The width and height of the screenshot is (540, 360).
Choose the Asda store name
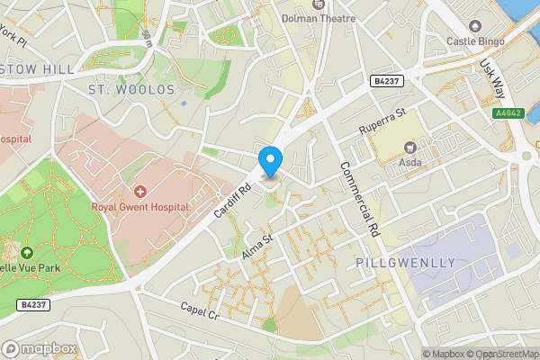coord(410,163)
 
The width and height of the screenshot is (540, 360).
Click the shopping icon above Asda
coord(410,147)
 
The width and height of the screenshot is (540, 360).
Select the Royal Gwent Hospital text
coord(140,206)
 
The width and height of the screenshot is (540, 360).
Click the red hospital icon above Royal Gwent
coord(140,191)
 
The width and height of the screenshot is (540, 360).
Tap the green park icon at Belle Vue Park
coord(26,255)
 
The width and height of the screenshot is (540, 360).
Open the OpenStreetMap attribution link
coord(503,354)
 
